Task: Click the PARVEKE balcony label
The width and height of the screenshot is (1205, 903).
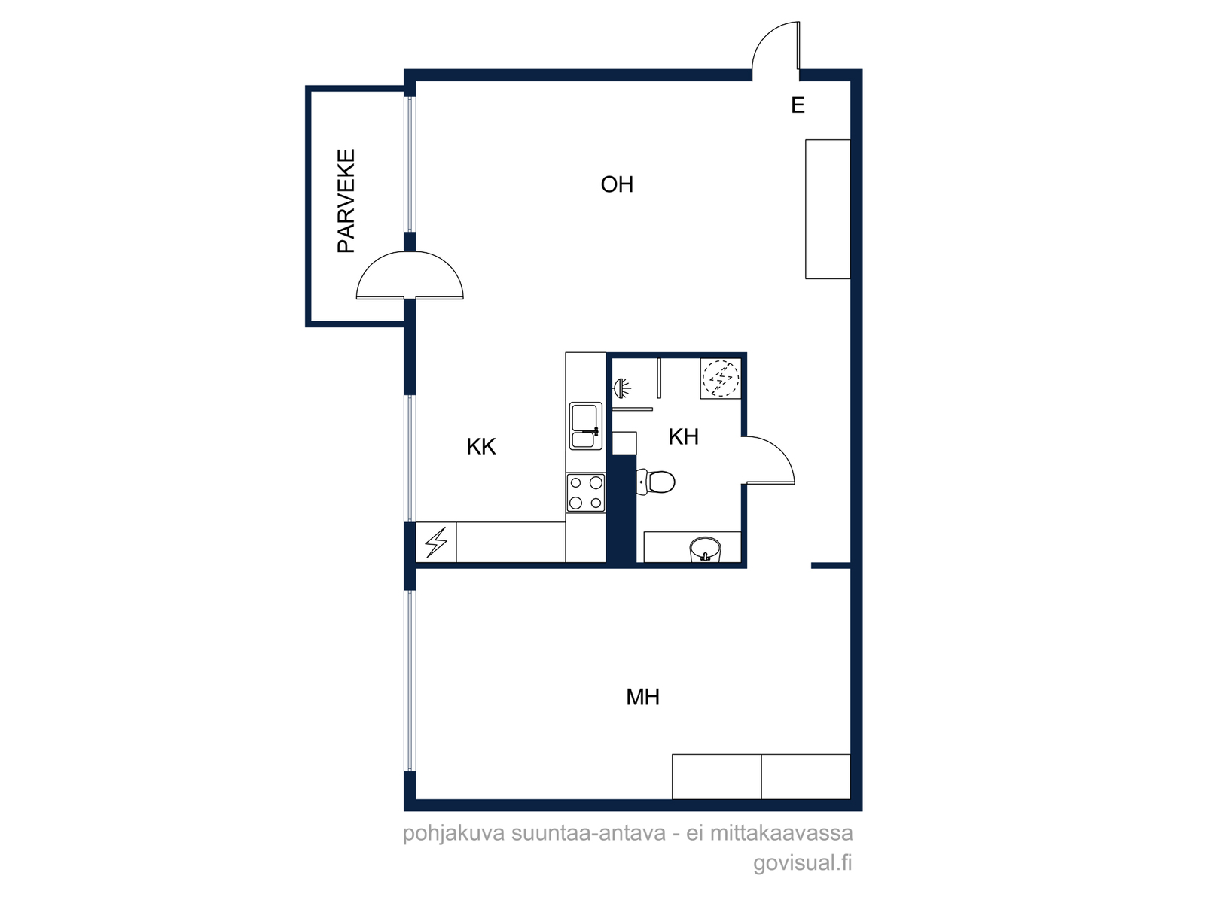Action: tap(346, 201)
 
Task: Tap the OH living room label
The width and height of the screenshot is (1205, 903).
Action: tap(617, 185)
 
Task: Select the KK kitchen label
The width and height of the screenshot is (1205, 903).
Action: tap(481, 447)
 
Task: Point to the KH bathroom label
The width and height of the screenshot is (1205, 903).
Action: tap(684, 437)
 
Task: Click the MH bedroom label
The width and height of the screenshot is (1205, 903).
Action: tap(642, 697)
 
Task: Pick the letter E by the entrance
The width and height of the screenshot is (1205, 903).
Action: tap(798, 105)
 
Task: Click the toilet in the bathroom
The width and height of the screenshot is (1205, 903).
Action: tap(655, 482)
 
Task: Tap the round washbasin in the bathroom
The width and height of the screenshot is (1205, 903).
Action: tap(706, 549)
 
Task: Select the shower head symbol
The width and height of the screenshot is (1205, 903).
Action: tap(621, 388)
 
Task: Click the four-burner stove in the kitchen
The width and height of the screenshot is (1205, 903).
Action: tap(586, 492)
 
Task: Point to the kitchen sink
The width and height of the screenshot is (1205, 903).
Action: tap(586, 426)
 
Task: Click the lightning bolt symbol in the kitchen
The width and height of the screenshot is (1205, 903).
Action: tap(436, 543)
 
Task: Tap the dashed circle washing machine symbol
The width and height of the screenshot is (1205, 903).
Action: tap(721, 379)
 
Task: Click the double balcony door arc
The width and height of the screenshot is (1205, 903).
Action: tap(410, 253)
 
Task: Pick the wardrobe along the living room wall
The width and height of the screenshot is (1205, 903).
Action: tap(828, 209)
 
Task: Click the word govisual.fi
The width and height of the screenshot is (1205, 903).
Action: tap(802, 862)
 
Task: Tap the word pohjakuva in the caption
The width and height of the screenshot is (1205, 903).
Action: tap(454, 833)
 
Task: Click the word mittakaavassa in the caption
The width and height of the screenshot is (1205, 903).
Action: tap(781, 832)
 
